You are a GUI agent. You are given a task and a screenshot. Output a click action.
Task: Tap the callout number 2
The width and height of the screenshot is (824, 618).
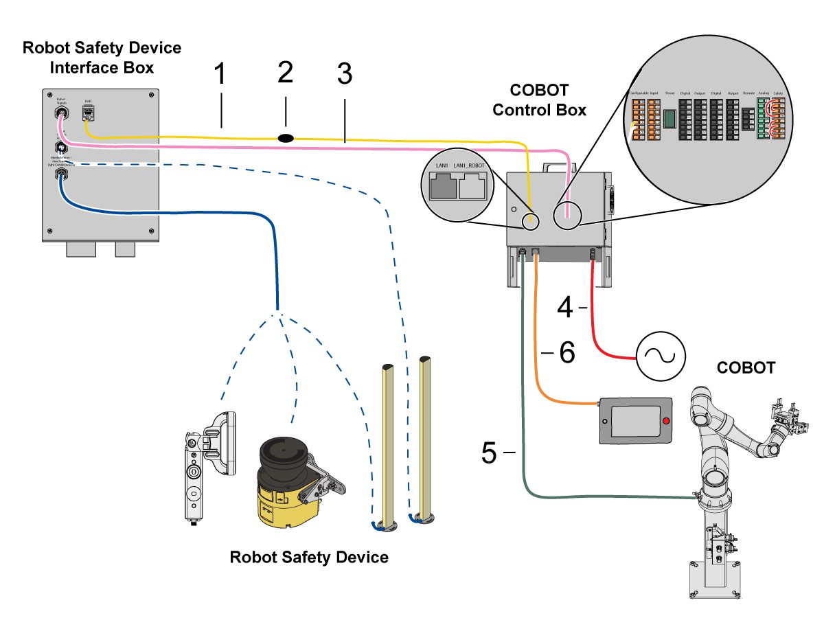[285, 71]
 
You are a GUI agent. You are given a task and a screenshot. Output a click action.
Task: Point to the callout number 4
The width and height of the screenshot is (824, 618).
[564, 307]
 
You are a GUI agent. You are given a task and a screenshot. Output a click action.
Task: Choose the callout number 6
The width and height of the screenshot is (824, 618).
[566, 353]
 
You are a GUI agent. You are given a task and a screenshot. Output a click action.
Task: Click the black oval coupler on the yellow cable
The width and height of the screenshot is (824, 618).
[286, 138]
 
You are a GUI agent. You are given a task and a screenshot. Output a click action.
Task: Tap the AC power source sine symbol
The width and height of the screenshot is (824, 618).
[660, 356]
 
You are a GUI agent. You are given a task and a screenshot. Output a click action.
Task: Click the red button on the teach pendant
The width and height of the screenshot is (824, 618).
[664, 420]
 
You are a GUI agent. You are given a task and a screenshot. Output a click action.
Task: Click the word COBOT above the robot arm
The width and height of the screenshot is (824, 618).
[745, 368]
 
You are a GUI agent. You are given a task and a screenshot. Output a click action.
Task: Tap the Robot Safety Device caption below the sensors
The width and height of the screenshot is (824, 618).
[308, 557]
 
